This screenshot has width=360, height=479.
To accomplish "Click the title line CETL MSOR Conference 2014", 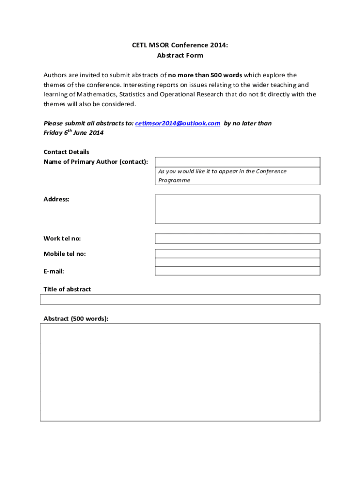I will pyautogui.click(x=180, y=45).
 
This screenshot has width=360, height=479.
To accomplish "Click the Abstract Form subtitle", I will pyautogui.click(x=180, y=55).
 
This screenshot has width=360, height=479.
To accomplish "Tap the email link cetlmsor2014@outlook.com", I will pyautogui.click(x=178, y=123).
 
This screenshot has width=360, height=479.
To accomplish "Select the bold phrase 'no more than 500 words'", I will pyautogui.click(x=205, y=75).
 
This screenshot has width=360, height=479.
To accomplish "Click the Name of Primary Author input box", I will pyautogui.click(x=238, y=162).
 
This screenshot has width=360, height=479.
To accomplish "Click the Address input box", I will pyautogui.click(x=238, y=209).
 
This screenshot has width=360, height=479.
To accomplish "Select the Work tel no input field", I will pyautogui.click(x=238, y=239).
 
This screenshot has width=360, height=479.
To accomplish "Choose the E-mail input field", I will pyautogui.click(x=238, y=271).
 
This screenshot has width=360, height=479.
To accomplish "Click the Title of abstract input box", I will pyautogui.click(x=180, y=299).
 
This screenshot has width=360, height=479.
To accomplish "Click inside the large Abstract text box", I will pyautogui.click(x=180, y=372).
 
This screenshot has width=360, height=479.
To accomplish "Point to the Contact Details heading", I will pyautogui.click(x=66, y=152).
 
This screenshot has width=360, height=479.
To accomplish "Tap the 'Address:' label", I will pyautogui.click(x=57, y=199).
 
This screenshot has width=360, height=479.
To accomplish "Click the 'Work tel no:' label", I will pyautogui.click(x=62, y=239).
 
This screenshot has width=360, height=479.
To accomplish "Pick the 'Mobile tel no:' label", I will pyautogui.click(x=65, y=254).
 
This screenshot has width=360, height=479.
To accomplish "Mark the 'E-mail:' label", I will pyautogui.click(x=54, y=271).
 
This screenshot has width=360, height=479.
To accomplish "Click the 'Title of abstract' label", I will pyautogui.click(x=67, y=289).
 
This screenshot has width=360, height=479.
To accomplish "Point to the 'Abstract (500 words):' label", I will pyautogui.click(x=76, y=319).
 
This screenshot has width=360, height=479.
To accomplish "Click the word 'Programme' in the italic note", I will pyautogui.click(x=174, y=180).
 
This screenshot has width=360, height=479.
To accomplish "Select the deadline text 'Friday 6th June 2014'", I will pyautogui.click(x=73, y=133).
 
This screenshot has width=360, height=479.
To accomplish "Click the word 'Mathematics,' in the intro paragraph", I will pyautogui.click(x=98, y=94).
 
